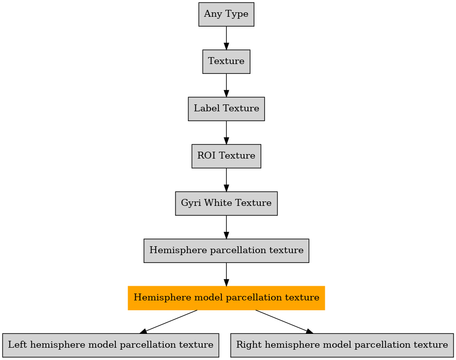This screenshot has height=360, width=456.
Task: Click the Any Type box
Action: (x=226, y=14)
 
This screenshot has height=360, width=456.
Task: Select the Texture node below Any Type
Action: (x=226, y=62)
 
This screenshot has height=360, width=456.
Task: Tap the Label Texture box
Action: (x=226, y=109)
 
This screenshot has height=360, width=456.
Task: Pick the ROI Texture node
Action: (x=226, y=156)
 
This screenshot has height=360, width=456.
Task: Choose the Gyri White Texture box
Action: (x=226, y=203)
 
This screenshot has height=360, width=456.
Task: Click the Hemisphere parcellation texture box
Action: (x=226, y=251)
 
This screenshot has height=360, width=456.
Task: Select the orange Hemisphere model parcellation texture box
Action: (x=226, y=298)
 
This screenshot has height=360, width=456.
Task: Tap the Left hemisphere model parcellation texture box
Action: (x=110, y=345)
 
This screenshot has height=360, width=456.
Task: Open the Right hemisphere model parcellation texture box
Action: (x=342, y=345)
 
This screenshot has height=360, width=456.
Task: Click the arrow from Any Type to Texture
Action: (x=226, y=38)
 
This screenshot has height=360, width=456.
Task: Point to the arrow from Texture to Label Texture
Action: (x=226, y=85)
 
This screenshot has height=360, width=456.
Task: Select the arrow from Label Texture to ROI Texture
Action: (x=226, y=132)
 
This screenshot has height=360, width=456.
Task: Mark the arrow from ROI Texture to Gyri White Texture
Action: (x=226, y=180)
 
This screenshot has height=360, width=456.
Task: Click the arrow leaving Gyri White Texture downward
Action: (x=226, y=227)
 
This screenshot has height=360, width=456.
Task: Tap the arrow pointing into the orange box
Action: (x=226, y=274)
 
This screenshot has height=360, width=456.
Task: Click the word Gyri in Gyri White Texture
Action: (x=189, y=203)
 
